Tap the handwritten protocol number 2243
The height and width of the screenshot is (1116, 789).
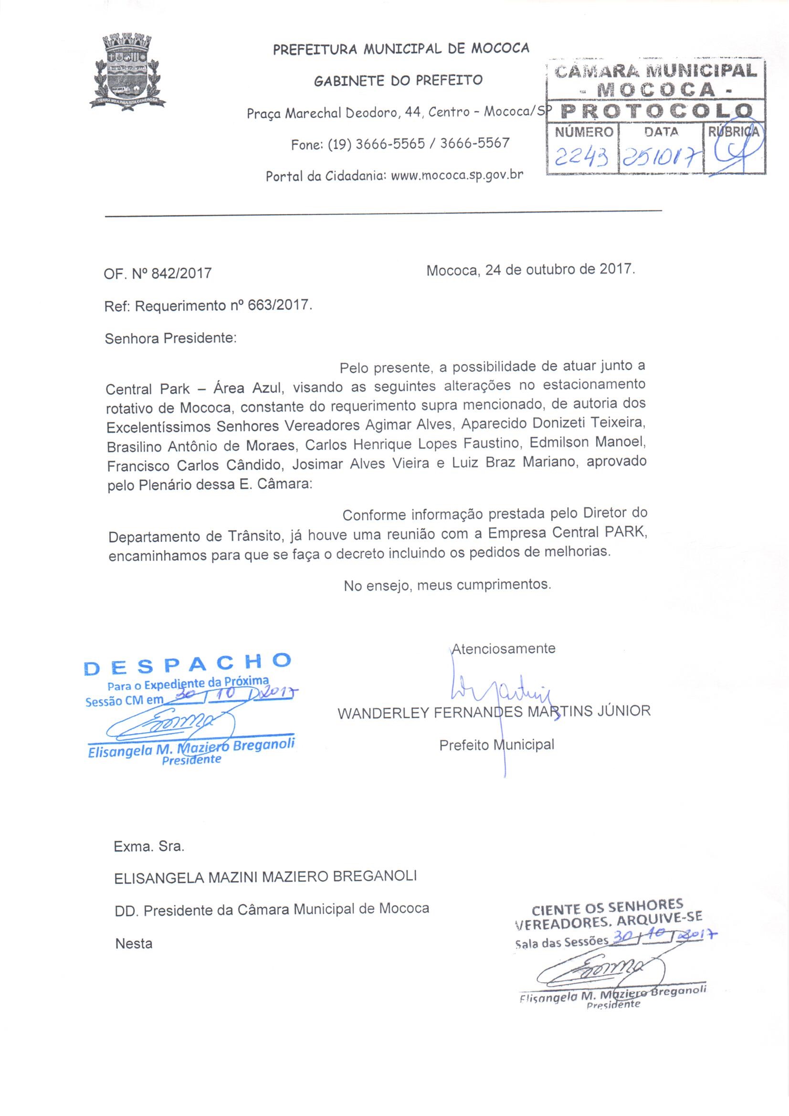(x=580, y=156)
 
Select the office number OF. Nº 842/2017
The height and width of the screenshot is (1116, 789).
(x=158, y=273)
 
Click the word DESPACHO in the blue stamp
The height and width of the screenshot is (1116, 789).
(x=188, y=664)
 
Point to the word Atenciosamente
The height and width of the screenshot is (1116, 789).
(x=504, y=648)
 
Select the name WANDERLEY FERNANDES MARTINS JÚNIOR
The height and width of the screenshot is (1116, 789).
(x=494, y=712)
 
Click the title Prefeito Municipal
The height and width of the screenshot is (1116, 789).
(x=496, y=745)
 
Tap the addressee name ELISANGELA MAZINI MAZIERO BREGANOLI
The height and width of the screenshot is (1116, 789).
(x=265, y=876)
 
